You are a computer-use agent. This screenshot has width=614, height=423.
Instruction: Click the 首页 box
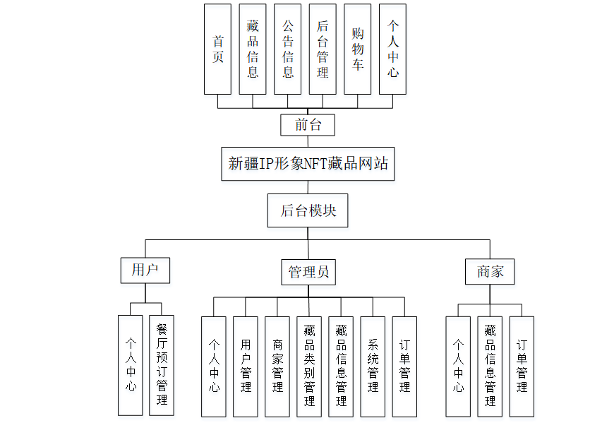coord(217,49)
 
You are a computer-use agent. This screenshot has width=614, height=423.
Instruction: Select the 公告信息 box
coord(287,49)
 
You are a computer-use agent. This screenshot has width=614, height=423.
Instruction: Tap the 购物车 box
coord(358,49)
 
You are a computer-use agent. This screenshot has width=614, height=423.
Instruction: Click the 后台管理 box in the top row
coord(323,49)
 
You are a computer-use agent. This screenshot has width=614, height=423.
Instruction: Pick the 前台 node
coord(308,125)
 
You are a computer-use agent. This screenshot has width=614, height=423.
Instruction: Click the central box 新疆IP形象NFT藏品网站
coord(308,163)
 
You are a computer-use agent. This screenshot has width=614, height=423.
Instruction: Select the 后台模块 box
coord(308,210)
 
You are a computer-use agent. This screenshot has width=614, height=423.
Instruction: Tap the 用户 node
coord(145,270)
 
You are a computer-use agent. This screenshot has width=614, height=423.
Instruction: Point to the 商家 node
coord(490,271)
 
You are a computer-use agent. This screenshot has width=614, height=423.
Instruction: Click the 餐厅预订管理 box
coord(162,365)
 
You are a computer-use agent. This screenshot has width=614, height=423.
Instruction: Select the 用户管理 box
coord(246,366)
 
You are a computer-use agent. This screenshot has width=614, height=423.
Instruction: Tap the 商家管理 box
coord(277,366)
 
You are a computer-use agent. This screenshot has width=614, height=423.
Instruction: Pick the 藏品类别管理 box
coord(309,366)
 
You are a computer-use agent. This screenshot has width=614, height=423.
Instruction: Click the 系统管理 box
coord(373,366)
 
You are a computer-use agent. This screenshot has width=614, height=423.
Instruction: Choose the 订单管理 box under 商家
coord(522,366)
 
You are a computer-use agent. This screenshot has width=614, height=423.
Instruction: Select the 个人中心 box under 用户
coord(131,365)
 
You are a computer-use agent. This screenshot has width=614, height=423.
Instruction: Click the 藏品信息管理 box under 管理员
coord(341,366)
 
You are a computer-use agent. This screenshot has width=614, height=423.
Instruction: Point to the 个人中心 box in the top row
coord(392,49)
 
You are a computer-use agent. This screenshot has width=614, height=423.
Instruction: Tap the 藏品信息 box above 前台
coord(253,49)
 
